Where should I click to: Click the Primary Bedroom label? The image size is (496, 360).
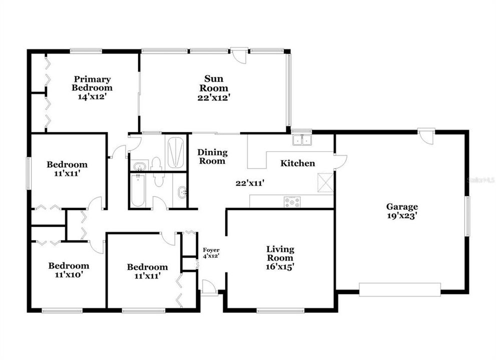pos(93,83)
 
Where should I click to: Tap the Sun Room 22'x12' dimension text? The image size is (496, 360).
pos(213,98)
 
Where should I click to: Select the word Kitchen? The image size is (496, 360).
pos(297,163)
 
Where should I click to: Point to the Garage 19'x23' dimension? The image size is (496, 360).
pos(401,216)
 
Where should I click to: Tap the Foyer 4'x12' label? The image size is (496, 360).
pos(211,252)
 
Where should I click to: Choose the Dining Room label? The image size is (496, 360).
pos(212,156)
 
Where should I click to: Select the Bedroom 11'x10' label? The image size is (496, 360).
pos(69,270)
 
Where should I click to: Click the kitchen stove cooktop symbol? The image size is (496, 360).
pos(292,202)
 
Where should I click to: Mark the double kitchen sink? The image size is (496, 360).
pos(302,139)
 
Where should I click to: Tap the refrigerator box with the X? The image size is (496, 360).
pos(326,182)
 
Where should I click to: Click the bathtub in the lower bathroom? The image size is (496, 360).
pos(138,191)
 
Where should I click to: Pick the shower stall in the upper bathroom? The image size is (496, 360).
pos(176,152)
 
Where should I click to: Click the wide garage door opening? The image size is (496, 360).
pos(399,289)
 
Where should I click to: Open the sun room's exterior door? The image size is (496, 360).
pos(239,54)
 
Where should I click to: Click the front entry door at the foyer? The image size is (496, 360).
pos(209,287)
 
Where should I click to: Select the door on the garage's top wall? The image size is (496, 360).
pos(426,136)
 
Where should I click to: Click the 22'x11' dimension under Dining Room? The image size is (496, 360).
pos(250,183)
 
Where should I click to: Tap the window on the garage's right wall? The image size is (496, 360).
pos(467,216)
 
